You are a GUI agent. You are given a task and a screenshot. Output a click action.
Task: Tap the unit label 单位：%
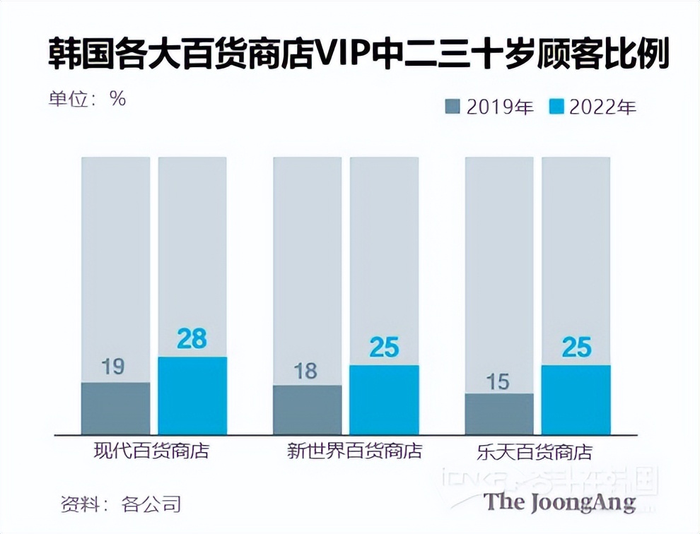click(87, 99)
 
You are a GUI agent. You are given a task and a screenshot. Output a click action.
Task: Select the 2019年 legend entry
click(488, 107)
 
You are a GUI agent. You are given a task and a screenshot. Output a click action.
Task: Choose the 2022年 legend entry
click(592, 107)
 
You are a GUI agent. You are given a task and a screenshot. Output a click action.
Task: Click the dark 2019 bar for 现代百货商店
click(116, 408)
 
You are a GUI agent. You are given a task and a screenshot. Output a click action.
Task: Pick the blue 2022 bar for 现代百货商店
click(192, 396)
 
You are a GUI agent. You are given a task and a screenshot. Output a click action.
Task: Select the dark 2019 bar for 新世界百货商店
click(308, 410)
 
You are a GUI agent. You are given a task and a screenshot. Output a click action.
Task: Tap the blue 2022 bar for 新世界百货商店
click(385, 400)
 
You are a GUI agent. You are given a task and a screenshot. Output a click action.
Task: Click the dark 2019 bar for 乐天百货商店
click(499, 414)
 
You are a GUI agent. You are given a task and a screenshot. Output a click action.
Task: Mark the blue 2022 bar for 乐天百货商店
click(576, 400)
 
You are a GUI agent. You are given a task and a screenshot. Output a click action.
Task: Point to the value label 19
click(113, 367)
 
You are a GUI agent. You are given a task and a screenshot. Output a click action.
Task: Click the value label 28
click(192, 339)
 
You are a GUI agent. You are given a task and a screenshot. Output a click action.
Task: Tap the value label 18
click(305, 371)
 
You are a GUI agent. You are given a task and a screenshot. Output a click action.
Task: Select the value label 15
click(498, 382)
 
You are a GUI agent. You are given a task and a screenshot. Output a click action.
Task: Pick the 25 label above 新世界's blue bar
click(384, 348)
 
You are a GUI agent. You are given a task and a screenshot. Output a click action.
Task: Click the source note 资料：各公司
click(121, 504)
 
